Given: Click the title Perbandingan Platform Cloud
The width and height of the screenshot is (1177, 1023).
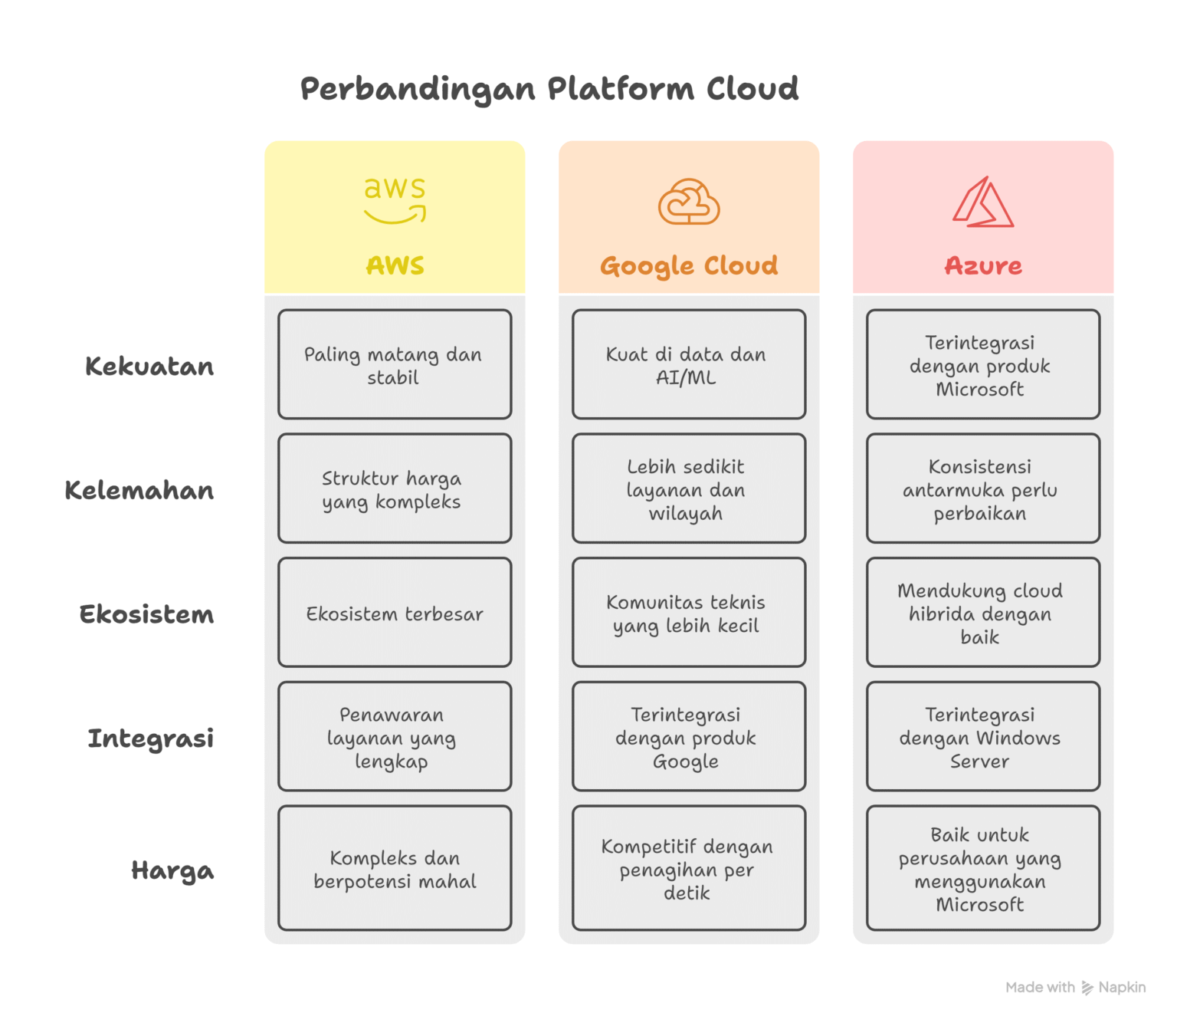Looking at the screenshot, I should click(549, 89).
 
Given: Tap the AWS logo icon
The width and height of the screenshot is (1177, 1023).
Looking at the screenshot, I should click(395, 200).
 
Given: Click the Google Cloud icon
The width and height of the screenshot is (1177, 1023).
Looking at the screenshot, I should click(689, 202).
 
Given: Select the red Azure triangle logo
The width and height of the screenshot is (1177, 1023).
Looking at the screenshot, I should click(983, 203).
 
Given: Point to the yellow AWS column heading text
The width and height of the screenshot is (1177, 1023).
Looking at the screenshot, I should click(395, 265).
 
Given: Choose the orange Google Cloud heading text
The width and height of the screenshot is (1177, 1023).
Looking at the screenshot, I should click(689, 266).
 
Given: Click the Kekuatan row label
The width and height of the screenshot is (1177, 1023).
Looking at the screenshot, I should click(149, 367).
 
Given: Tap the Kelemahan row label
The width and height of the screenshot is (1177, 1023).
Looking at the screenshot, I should click(139, 490).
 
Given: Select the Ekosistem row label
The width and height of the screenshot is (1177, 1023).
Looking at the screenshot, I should click(146, 614).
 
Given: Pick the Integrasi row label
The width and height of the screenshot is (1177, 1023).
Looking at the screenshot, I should click(150, 738).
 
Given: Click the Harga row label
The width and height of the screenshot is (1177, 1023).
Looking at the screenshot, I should click(172, 870).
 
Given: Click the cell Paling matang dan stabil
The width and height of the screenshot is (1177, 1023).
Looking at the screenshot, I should click(395, 365).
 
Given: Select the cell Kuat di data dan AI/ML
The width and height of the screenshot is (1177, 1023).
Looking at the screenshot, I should click(689, 365).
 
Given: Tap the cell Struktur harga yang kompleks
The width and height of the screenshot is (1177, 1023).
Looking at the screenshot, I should click(395, 489).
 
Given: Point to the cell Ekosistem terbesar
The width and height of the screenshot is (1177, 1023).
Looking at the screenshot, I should click(395, 613).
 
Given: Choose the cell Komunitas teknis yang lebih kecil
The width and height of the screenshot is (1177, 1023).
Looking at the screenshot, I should click(689, 613).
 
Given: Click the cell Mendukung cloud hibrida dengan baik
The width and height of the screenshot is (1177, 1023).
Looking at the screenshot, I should click(983, 613).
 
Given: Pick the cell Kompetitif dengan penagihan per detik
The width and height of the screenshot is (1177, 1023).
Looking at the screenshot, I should click(689, 869).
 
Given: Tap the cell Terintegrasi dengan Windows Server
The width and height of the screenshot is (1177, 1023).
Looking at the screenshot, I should click(983, 738).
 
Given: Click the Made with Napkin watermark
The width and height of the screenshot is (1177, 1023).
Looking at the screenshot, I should click(1075, 988).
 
